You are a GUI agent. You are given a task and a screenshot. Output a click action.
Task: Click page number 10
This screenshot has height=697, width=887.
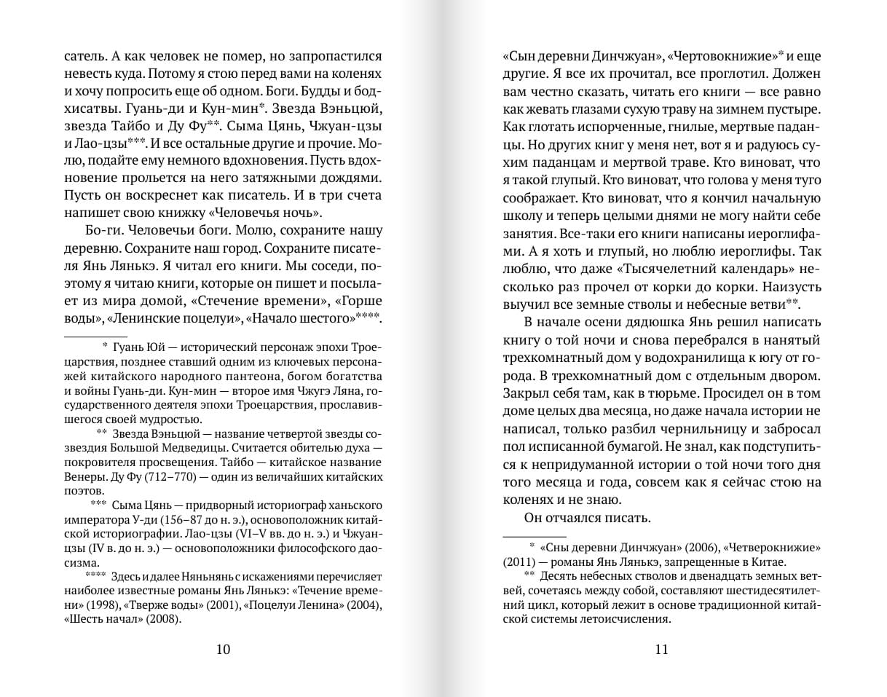click(x=223, y=650)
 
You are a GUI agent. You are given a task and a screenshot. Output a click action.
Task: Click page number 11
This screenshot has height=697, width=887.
click(x=661, y=650)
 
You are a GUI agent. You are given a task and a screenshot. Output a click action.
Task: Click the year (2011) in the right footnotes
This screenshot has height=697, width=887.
click(x=522, y=562)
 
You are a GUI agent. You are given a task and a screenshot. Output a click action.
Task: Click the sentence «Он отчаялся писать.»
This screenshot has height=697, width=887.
click(x=586, y=518)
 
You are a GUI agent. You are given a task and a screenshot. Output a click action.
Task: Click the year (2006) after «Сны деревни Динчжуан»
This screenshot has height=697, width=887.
click(x=682, y=548)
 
